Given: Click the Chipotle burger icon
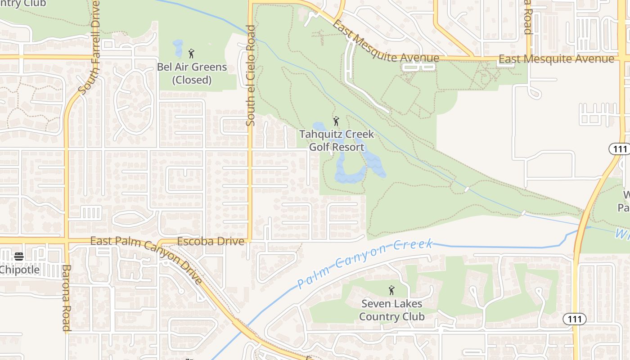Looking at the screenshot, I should tap(19, 256).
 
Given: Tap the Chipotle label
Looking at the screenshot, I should tap(20, 270).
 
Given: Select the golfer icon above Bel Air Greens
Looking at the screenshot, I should tap(191, 54).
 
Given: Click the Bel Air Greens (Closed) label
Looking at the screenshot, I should tap(192, 73).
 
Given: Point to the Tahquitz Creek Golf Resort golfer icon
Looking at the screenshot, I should tap(336, 121).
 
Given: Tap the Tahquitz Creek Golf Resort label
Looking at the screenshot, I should tap(337, 140).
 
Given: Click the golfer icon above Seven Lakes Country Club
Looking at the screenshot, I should tap(391, 290).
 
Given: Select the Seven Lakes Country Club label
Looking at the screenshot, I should tap(391, 310).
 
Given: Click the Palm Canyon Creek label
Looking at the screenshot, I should tap(364, 263).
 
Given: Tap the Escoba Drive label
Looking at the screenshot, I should tap(211, 242).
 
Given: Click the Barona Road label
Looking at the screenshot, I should tap(66, 298).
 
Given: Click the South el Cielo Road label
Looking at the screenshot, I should tap(251, 75).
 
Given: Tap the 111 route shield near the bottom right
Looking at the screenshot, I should tap(575, 319).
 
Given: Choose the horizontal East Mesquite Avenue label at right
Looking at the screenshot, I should tap(556, 59).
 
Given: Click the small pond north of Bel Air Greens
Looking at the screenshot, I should tap(178, 48).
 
